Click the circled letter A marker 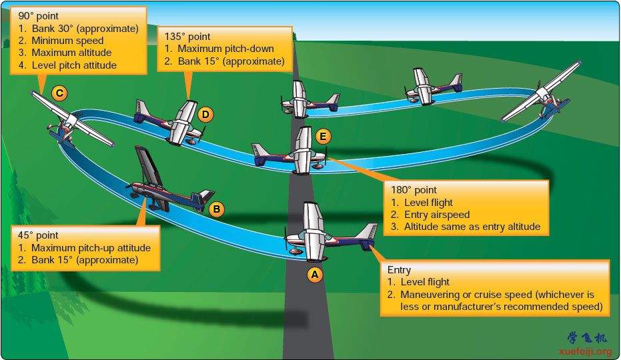pos(315,275)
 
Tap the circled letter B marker pos(216,209)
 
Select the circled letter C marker pos(59,93)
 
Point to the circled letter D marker pos(205,115)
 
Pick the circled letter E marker pos(323,137)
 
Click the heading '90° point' pos(39,16)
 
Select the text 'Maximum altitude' pos(71,53)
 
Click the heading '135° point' pos(187,37)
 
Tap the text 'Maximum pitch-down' pos(225,49)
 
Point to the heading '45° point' pos(38,235)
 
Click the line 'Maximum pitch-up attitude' pos(91,248)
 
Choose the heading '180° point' pos(414,190)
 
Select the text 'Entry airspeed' pos(437,215)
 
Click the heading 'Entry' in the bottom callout pos(399,270)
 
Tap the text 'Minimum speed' pos(68,41)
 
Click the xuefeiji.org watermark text pos(586,351)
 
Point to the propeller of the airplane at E pos(326,157)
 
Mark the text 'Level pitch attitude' pos(74,65)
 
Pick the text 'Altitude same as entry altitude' pos(472,227)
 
